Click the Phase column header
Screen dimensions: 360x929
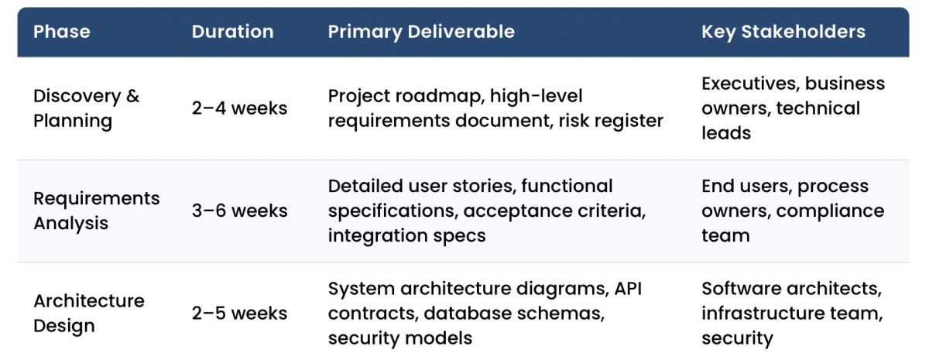(x=62, y=32)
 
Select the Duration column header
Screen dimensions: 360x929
(x=232, y=32)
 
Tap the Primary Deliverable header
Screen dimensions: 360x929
(x=421, y=32)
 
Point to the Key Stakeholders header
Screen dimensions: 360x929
(x=783, y=32)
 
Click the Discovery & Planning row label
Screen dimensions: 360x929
(x=86, y=108)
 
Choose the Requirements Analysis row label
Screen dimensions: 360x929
(x=96, y=211)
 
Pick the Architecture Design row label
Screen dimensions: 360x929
(x=88, y=313)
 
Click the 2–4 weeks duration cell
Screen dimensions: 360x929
(x=239, y=108)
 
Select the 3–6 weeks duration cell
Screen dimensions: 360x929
(x=239, y=211)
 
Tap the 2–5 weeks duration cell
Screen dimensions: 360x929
(x=239, y=313)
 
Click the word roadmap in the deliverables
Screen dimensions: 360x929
(x=439, y=96)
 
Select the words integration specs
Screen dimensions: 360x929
(x=406, y=235)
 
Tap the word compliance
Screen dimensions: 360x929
(x=830, y=211)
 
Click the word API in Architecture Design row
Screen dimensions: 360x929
(x=628, y=288)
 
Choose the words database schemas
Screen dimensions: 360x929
(x=512, y=313)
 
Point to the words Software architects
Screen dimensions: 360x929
(x=791, y=288)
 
